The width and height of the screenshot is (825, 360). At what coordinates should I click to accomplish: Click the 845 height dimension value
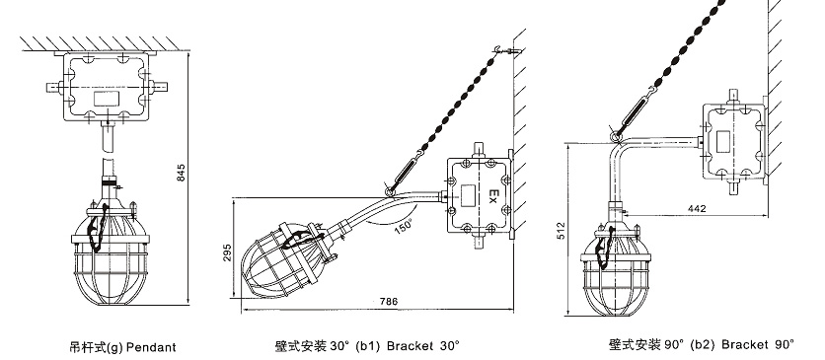coord(181,173)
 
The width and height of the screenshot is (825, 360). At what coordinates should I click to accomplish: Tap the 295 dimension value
coord(227,253)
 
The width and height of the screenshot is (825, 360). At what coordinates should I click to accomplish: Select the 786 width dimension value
coord(389,302)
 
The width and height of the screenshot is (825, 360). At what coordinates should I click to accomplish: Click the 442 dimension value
coord(697,209)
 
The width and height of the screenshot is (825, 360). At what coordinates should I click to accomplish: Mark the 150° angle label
coord(404,226)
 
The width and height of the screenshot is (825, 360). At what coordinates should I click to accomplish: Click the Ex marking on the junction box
coord(493,196)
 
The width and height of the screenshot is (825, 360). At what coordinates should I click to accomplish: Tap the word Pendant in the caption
coord(152,347)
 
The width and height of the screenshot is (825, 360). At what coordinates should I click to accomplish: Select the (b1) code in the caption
coord(368,346)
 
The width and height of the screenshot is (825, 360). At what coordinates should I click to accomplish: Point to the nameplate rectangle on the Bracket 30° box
coord(466,195)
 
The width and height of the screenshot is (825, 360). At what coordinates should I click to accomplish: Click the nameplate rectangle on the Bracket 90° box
coord(723,139)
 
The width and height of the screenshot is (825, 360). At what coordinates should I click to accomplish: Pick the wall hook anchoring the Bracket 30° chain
coord(505,51)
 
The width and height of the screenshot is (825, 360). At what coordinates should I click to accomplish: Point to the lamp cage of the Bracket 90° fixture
coord(615,284)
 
